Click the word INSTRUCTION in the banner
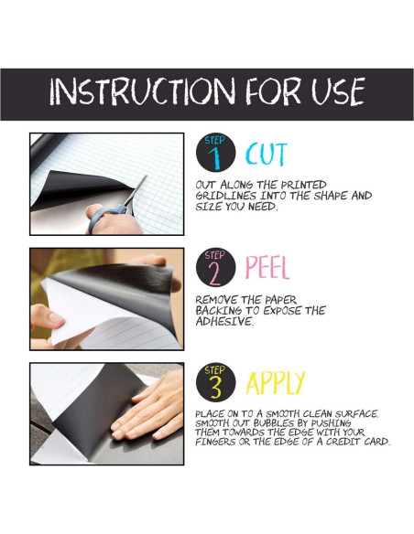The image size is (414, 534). (x=143, y=91)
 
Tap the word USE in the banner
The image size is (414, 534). (x=338, y=91)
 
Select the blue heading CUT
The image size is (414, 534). (x=267, y=155)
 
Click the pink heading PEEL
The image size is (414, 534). (x=267, y=268)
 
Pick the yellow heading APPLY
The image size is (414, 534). (x=275, y=383)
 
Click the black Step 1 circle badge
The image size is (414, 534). (x=216, y=153)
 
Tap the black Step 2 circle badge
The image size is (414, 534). (x=216, y=267)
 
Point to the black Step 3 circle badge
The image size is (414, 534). (x=216, y=382)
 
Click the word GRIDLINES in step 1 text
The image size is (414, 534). (x=225, y=196)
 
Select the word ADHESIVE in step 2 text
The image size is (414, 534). (x=224, y=321)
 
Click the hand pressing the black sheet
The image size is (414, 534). (x=148, y=406)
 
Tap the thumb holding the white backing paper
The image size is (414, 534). (x=48, y=316)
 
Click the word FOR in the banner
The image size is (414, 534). (x=273, y=91)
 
